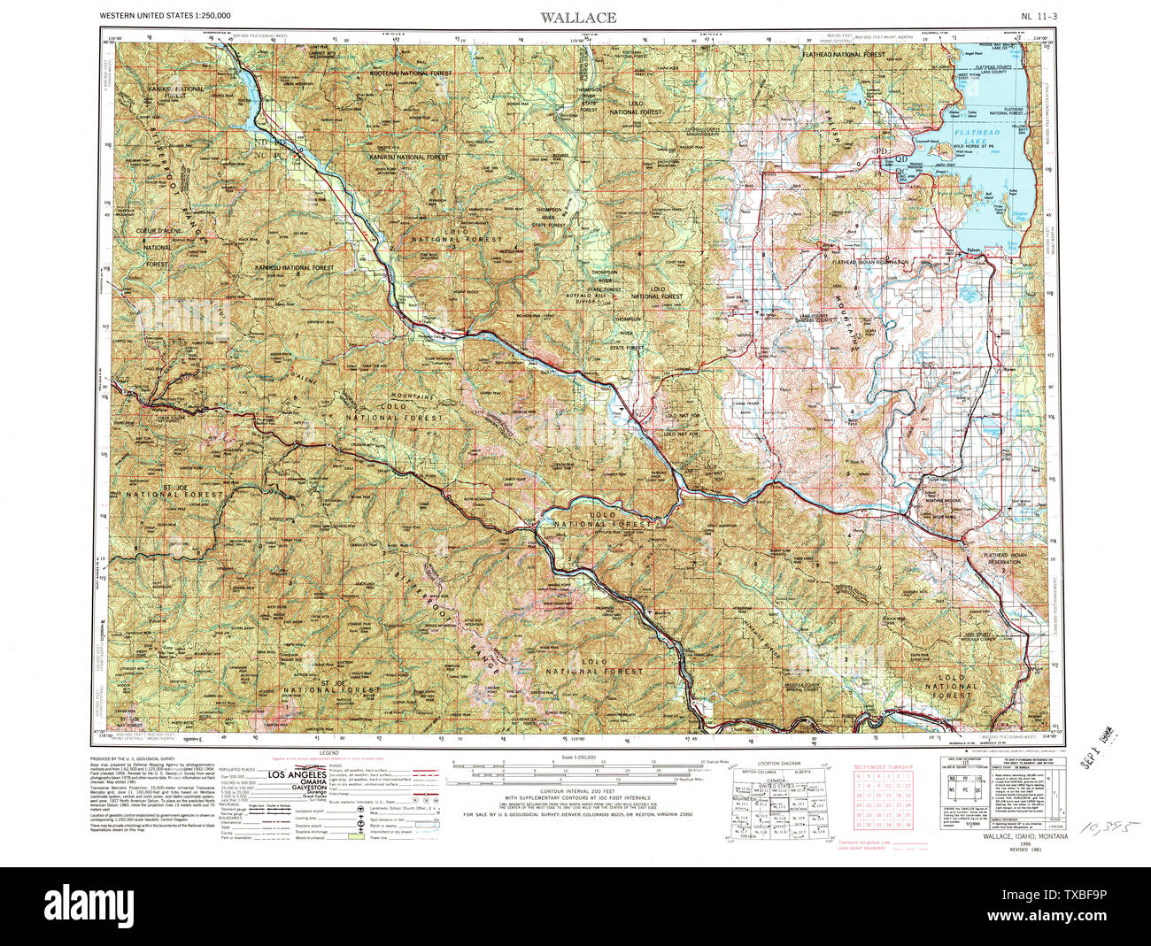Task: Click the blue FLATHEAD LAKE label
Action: [979, 137]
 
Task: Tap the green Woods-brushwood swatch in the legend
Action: [356, 837]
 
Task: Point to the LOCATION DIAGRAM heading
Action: [779, 762]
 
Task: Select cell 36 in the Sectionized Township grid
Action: [907, 825]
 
